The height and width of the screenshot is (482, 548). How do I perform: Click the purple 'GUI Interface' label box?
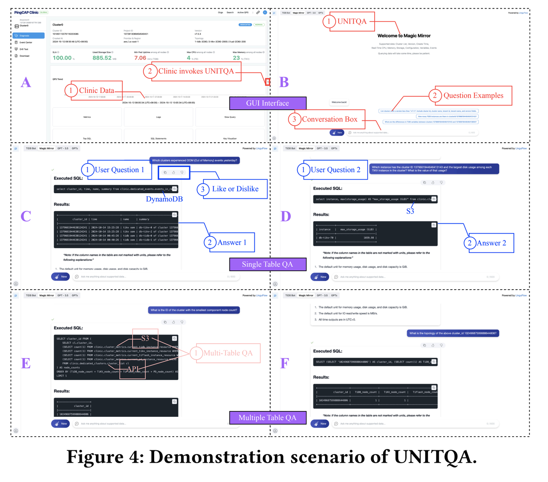268,103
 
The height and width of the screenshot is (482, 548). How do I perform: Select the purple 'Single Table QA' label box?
268,264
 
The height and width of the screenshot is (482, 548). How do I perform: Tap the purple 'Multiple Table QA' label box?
268,418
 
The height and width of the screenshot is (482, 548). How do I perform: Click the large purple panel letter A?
26,82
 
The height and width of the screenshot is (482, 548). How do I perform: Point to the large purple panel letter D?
286,216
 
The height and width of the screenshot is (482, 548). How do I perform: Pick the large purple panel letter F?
285,363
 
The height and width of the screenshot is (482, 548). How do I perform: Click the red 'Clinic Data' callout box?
97,90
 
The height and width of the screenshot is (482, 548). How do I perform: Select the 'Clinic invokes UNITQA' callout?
196,71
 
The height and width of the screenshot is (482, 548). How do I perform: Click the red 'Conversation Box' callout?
329,119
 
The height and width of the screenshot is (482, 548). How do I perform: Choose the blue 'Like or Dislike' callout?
235,189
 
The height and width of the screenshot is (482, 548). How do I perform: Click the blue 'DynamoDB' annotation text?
164,199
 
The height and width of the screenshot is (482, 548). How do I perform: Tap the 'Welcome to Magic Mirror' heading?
404,36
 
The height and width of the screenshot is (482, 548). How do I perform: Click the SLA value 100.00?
62,58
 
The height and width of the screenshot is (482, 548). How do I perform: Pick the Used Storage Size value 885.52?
102,58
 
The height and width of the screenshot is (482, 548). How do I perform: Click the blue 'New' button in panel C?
60,277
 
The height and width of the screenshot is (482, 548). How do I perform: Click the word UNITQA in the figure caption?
435,457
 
